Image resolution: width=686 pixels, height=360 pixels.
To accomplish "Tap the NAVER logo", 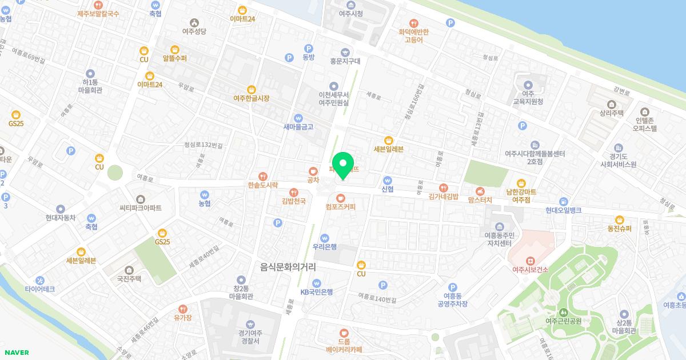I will coord(15,353).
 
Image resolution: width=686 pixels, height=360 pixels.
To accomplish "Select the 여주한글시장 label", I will coord(251,98).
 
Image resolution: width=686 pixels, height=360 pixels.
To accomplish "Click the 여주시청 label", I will coord(350,14).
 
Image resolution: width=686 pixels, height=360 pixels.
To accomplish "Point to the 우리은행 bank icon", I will coord(325,237).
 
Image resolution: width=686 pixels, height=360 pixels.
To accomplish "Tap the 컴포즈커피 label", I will coord(340,207).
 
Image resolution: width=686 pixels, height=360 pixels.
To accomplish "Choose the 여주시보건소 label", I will coord(530,270).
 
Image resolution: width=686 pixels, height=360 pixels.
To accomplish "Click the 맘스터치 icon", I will coord(480,190).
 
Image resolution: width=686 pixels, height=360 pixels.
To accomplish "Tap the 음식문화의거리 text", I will coord(288,267).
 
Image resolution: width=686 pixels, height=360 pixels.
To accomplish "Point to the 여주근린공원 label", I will coord(563,321).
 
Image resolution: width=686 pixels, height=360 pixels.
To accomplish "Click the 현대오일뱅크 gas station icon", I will coord(563,201).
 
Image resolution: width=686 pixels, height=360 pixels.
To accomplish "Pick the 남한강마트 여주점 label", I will coord(521,195).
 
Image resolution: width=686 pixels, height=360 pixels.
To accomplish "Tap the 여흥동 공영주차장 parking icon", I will coord(452,287).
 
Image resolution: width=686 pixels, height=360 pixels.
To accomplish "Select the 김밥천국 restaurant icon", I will coord(294,192).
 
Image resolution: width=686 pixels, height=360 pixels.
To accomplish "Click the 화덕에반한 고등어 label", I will coord(413,36).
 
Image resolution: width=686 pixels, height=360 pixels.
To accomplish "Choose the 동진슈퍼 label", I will coord(619,229).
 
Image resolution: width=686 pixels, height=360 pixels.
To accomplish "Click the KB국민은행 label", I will coord(317,292).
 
